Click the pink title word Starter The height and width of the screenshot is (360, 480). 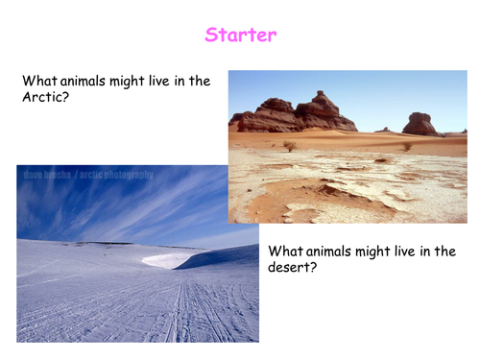(x=240, y=36)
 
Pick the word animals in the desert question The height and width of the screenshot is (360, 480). (x=330, y=251)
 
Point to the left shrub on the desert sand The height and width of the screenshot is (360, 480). (x=289, y=146)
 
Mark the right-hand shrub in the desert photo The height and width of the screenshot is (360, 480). (x=406, y=146)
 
